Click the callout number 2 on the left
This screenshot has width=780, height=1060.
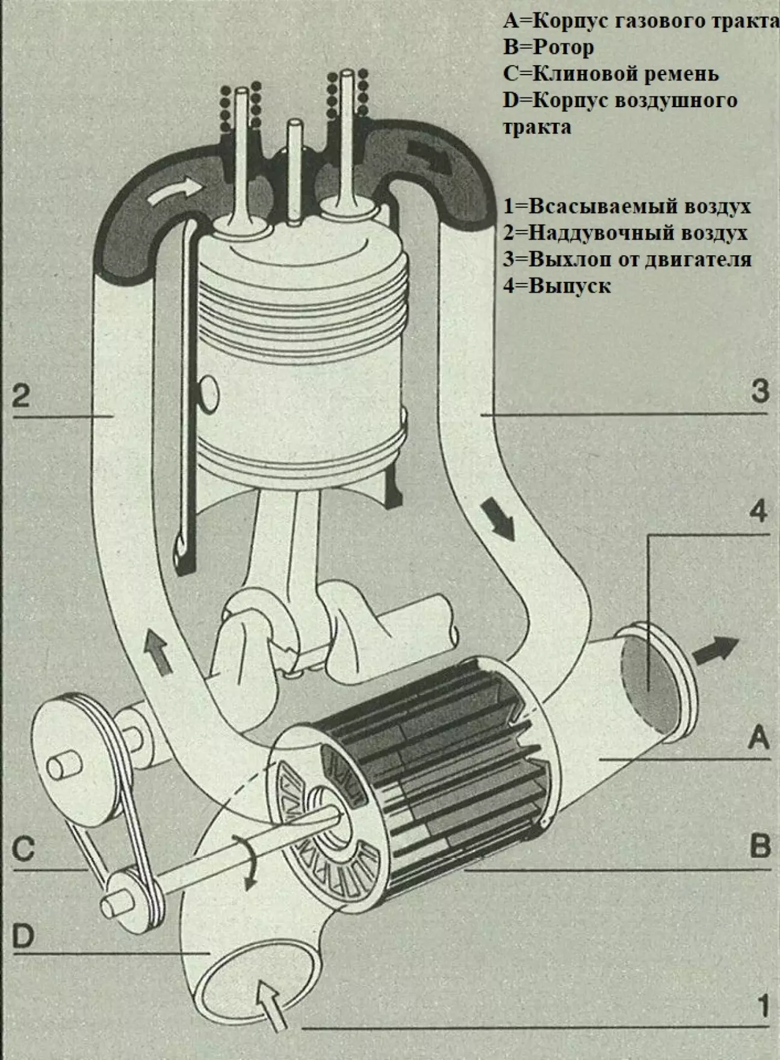coord(21,396)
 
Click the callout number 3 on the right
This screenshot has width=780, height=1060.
coord(760,391)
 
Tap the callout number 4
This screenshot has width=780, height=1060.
coord(758,512)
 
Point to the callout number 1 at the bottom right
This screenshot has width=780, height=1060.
coord(763,1006)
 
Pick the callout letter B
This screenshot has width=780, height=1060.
coord(760,846)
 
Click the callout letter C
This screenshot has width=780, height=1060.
coord(23,849)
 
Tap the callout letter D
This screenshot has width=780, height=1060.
coord(23,936)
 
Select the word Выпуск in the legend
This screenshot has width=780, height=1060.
coord(569,285)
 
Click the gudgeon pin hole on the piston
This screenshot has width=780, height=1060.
coord(209,394)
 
